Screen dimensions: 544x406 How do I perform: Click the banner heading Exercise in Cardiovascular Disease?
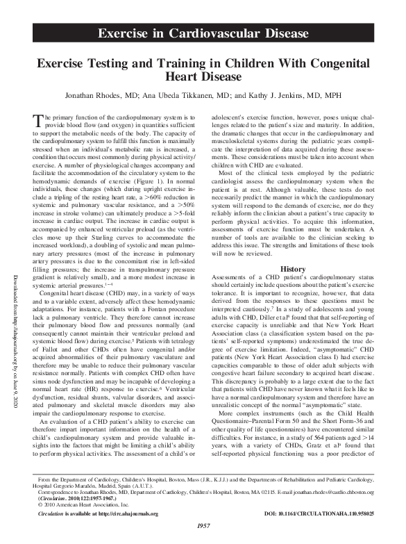tap(203, 33)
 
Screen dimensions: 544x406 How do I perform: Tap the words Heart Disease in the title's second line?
tap(203, 76)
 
